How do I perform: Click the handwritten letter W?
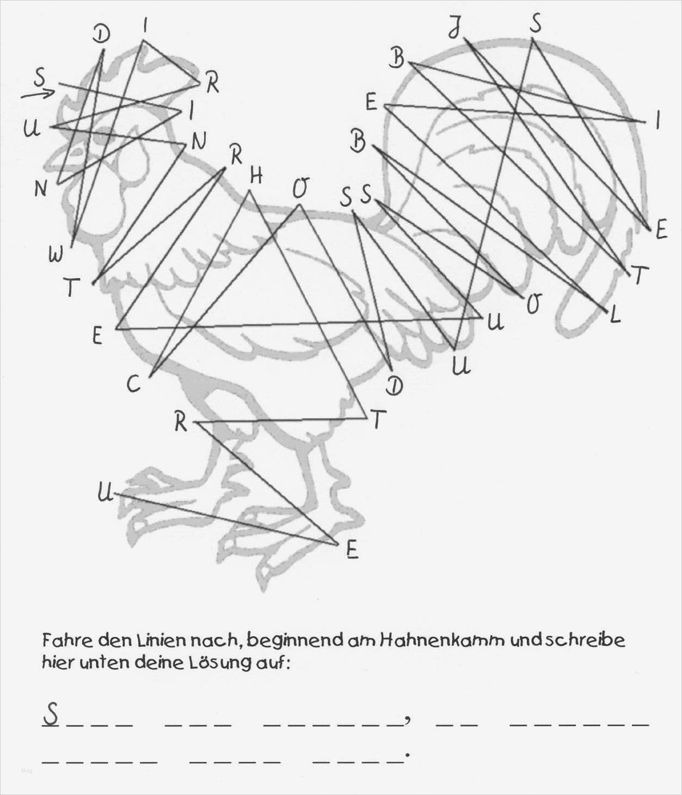(56, 255)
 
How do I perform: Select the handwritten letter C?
(133, 384)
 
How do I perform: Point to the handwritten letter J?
(455, 28)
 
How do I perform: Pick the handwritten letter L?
(615, 315)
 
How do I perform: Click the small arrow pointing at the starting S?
(38, 94)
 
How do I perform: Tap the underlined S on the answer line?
(51, 714)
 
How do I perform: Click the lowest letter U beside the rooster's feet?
(105, 493)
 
